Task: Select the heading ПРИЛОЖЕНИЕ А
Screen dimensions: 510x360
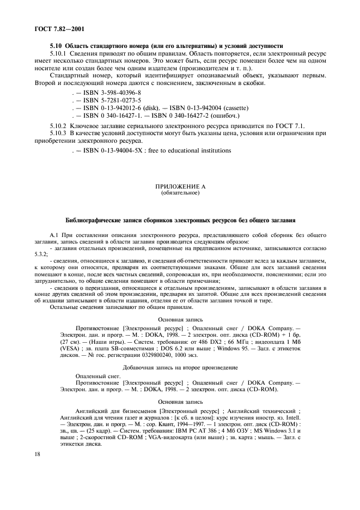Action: coord(180,187)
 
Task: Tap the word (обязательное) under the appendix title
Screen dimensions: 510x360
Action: coord(180,193)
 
